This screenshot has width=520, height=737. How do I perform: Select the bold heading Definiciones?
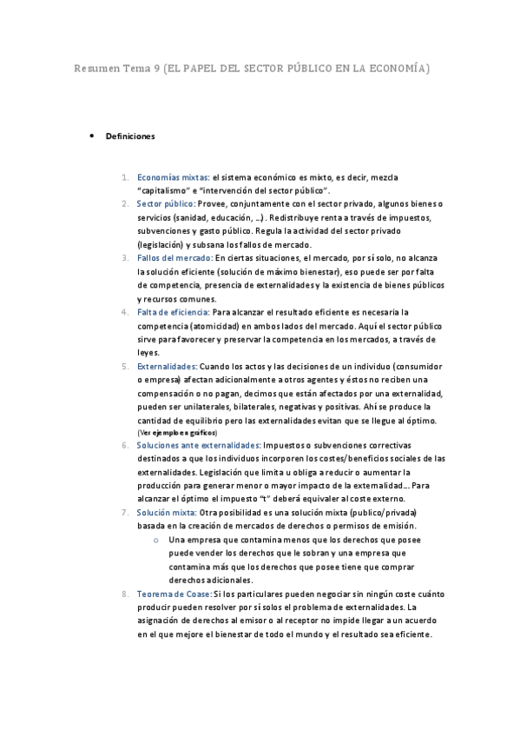tap(130, 136)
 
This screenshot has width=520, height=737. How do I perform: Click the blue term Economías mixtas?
tap(174, 176)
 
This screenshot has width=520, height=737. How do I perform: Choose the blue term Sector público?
tap(166, 203)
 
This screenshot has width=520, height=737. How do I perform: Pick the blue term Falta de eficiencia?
tap(174, 312)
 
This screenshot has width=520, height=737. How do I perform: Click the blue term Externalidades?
tap(168, 367)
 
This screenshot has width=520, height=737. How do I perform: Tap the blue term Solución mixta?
tap(167, 513)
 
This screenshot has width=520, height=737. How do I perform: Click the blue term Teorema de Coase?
tap(174, 594)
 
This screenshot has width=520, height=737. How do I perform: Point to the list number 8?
tap(126, 594)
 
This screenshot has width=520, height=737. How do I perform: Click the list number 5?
tap(126, 367)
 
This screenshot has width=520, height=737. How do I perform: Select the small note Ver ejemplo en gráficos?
tap(177, 432)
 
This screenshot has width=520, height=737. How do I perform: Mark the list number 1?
tap(126, 176)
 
